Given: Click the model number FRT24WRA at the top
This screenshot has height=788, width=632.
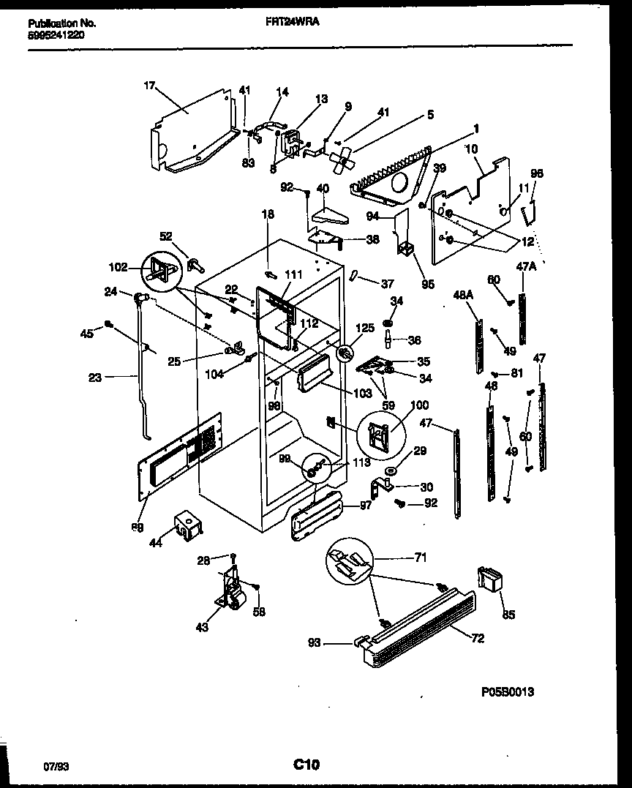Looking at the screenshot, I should click(292, 22).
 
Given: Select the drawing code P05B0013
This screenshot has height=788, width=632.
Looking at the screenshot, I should click(507, 691).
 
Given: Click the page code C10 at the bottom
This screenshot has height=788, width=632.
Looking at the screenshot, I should click(306, 765).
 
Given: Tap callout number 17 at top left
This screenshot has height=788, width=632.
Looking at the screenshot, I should click(149, 86).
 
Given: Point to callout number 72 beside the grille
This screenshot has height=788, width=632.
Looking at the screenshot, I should click(477, 639).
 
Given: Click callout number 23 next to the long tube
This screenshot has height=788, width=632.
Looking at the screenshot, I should click(95, 378).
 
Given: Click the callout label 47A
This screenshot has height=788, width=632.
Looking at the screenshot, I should click(527, 267).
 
